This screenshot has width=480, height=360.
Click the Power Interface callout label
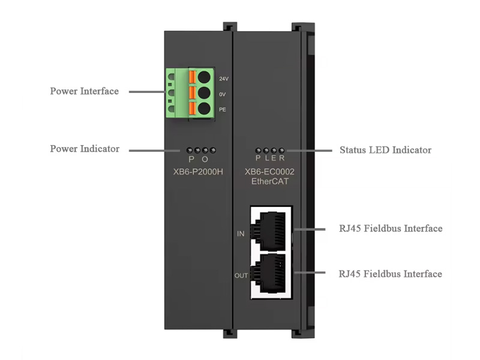(84, 91)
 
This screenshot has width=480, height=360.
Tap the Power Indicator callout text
(85, 149)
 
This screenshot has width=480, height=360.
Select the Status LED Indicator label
(385, 149)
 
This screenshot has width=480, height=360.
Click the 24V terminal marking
(223, 79)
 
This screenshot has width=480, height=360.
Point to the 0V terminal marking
(223, 94)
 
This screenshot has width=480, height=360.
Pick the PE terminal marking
(222, 109)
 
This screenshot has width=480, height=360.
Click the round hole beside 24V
(205, 77)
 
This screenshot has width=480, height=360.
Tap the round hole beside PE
(205, 109)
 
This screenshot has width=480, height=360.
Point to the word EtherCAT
(269, 181)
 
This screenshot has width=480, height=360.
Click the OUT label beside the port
(241, 276)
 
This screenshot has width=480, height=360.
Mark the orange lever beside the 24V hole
(193, 77)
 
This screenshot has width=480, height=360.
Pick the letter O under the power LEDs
(205, 160)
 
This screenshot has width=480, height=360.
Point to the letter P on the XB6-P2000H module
(191, 160)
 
